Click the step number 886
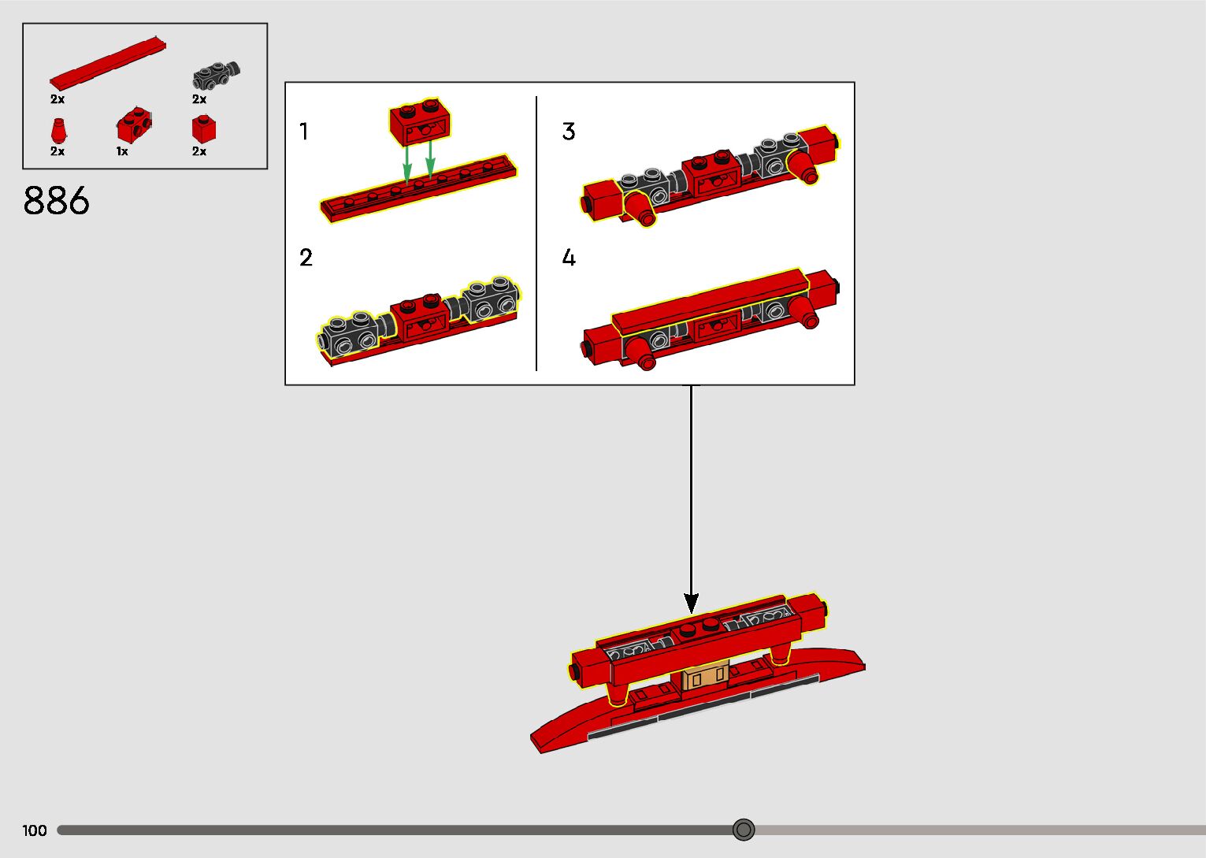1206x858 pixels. pos(57,201)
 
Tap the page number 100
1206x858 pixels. pos(35,830)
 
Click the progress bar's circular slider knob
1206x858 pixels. pos(744,830)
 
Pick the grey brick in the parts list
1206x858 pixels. pos(216,76)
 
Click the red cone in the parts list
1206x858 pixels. pos(58,131)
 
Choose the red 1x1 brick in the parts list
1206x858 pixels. pos(203,129)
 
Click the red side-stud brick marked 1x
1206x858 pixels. pos(134,126)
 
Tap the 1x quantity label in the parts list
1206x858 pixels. pos(122,151)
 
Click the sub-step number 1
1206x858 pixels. pos(304,132)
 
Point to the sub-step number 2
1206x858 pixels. pos(306,258)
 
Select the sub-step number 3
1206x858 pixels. pos(569,132)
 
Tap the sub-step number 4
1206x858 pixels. pos(569,258)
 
